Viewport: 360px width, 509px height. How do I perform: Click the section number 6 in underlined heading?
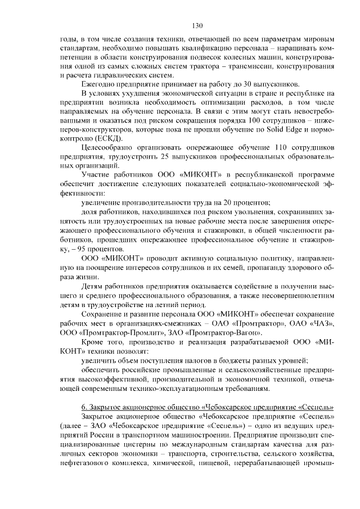(84, 407)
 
